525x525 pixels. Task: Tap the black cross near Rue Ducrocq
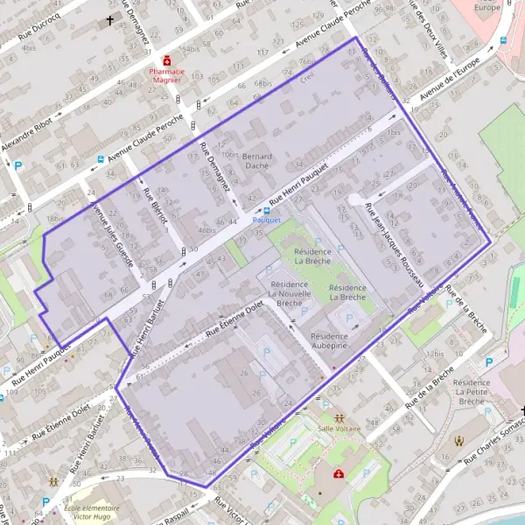pyautogui.click(x=110, y=19)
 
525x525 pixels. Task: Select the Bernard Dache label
pyautogui.click(x=256, y=160)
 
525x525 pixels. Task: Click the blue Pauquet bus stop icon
pyautogui.click(x=267, y=210)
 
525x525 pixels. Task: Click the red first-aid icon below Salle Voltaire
pyautogui.click(x=339, y=473)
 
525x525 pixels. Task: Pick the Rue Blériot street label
pyautogui.click(x=154, y=203)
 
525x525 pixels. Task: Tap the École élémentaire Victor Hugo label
pyautogui.click(x=89, y=510)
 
